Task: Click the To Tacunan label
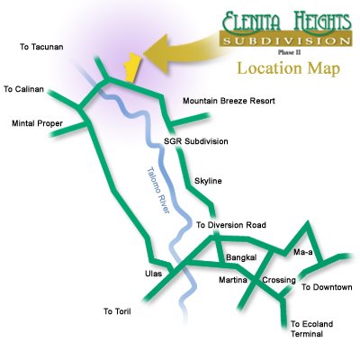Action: click(x=41, y=47)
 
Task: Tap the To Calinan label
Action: click(x=23, y=89)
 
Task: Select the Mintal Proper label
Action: click(x=37, y=123)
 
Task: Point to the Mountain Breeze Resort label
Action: click(x=229, y=101)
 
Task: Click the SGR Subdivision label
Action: click(x=196, y=141)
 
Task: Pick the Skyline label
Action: click(x=208, y=181)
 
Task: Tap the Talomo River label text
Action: click(x=158, y=190)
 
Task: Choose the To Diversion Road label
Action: click(x=231, y=225)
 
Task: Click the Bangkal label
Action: click(x=241, y=257)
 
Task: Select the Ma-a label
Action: click(x=303, y=252)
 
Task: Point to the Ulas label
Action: click(x=153, y=274)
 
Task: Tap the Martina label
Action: click(x=233, y=280)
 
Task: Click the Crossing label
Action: click(x=279, y=280)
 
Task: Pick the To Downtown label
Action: click(x=327, y=287)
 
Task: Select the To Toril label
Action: click(x=117, y=311)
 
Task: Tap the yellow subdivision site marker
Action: click(x=132, y=67)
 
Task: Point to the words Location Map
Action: click(x=289, y=68)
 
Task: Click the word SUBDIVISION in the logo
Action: click(x=286, y=40)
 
